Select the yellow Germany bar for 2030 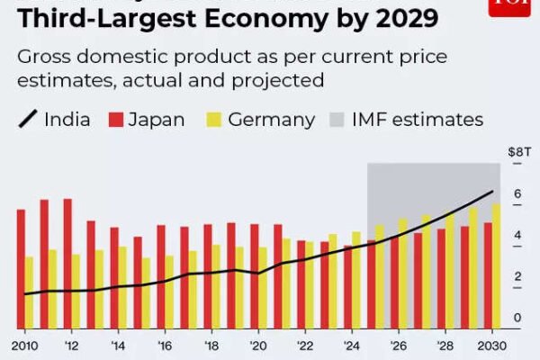(x=497, y=265)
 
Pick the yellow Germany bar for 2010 (x=30, y=292)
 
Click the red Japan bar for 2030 (x=488, y=275)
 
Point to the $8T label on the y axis (x=516, y=154)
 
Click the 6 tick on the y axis (x=517, y=194)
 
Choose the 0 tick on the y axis (x=517, y=319)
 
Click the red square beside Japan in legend (x=115, y=120)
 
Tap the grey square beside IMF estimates (x=338, y=120)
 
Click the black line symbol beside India (x=26, y=120)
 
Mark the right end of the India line (x=492, y=191)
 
